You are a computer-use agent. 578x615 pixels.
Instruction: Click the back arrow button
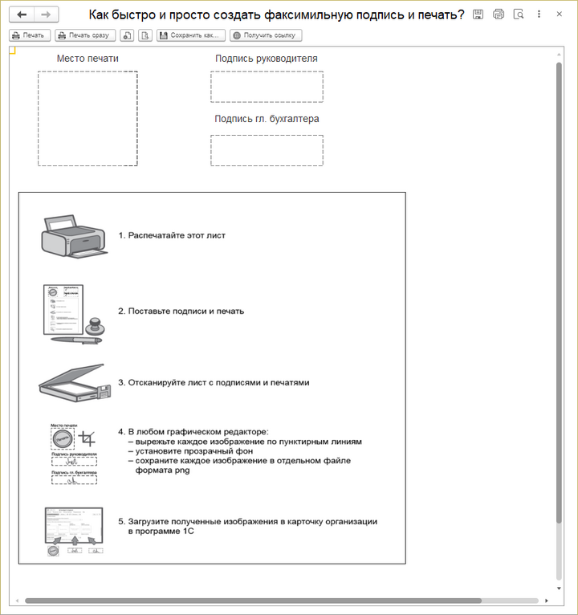(22, 15)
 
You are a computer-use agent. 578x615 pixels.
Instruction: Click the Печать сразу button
(85, 35)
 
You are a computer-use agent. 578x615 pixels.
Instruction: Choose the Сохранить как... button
(191, 35)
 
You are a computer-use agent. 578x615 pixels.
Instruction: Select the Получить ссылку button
(266, 35)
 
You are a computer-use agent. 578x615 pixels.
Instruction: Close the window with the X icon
(560, 14)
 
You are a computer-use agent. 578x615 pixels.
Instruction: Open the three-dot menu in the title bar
(539, 14)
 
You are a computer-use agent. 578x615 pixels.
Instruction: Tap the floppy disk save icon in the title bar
(478, 14)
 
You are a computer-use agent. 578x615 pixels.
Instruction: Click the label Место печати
(88, 59)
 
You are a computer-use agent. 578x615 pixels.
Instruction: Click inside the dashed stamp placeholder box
(88, 119)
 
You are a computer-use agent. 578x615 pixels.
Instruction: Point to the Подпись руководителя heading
(267, 59)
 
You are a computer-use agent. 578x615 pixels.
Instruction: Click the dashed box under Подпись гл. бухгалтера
(267, 150)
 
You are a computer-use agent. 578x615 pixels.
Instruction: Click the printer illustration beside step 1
(72, 236)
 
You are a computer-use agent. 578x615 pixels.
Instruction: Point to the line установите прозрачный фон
(195, 451)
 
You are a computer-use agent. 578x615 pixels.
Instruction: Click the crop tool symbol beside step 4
(88, 438)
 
